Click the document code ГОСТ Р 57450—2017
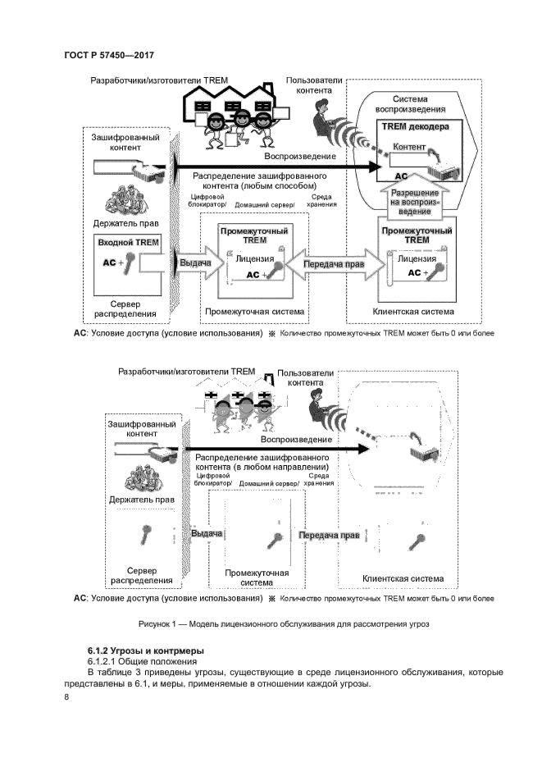pos(109,55)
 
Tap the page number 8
pos(66,697)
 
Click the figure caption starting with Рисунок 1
pos(284,623)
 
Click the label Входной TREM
pos(128,243)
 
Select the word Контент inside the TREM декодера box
pos(410,147)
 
